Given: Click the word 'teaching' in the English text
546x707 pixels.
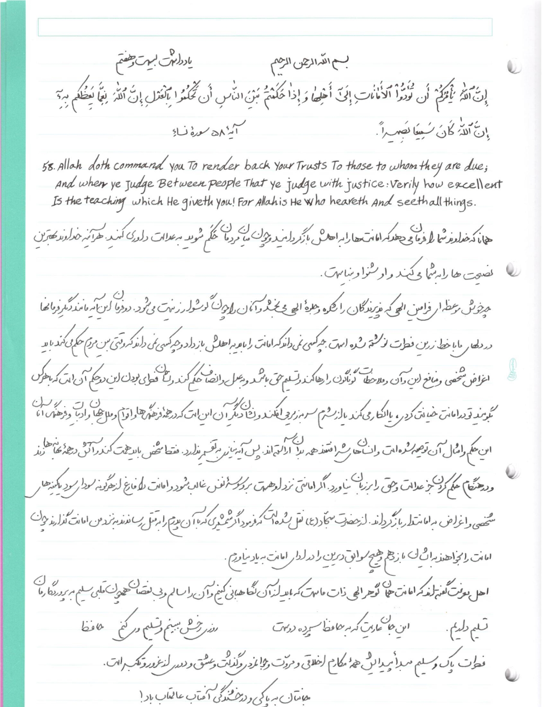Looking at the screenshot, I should click(95, 202).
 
